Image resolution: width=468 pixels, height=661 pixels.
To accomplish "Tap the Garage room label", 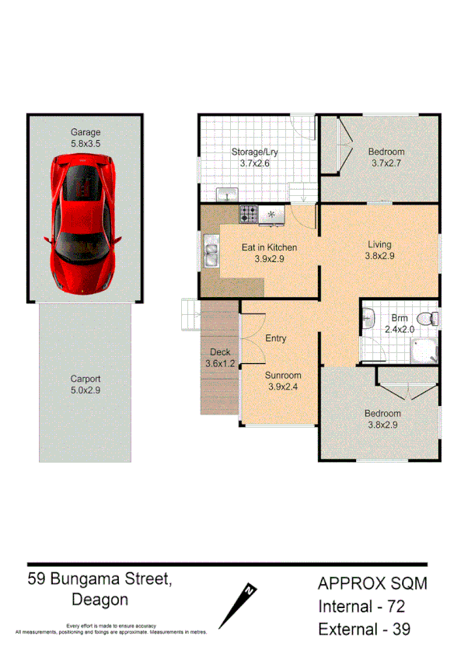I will [86, 132].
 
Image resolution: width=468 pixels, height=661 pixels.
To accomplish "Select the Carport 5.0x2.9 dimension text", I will [86, 391].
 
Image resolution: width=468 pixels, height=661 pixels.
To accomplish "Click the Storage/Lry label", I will [254, 152].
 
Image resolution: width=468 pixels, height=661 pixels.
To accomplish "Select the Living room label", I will [380, 244].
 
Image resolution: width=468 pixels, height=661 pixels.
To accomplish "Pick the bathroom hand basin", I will [369, 317].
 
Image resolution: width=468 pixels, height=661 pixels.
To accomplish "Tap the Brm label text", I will [400, 318].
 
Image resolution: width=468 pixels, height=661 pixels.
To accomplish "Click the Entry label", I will [276, 338].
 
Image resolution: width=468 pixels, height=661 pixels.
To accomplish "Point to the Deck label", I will [220, 352].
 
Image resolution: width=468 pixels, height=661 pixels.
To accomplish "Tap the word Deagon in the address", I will [100, 600].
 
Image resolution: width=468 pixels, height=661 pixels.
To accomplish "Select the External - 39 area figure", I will [364, 630].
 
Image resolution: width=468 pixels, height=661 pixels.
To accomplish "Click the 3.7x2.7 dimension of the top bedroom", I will [386, 163].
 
